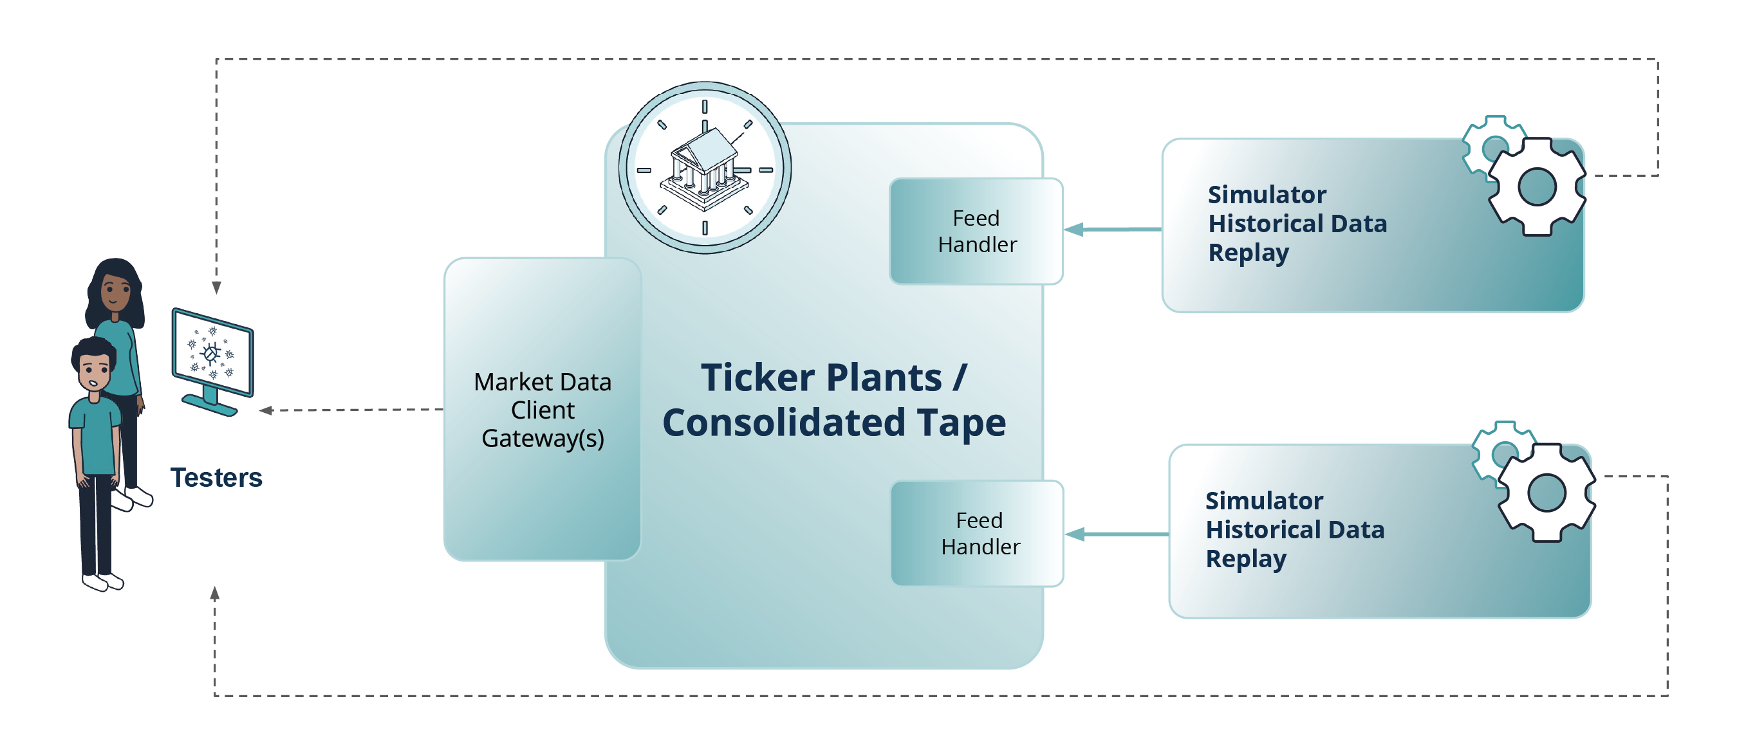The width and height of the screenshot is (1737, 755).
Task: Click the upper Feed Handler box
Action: [x=976, y=232]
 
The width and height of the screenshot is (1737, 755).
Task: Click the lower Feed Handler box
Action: [x=978, y=533]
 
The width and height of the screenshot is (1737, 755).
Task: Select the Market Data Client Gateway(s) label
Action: [x=543, y=410]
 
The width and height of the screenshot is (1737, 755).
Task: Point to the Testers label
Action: [x=216, y=477]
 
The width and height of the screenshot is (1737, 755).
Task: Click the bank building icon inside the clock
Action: [x=705, y=168]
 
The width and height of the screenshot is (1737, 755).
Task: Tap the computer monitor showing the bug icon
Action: [x=212, y=353]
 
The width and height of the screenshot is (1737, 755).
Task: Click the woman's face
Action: [x=115, y=291]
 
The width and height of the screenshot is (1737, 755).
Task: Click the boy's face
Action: [x=94, y=371]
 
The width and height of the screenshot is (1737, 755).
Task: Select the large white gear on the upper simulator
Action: [x=1537, y=186]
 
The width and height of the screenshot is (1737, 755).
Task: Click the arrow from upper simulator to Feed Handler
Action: [x=1113, y=230]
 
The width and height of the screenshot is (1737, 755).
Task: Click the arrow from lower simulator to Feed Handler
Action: [x=1116, y=534]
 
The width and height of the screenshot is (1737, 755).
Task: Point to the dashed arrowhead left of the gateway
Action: [x=266, y=410]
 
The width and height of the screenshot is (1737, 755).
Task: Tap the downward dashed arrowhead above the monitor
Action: [x=216, y=288]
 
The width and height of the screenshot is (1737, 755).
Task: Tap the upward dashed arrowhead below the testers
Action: [x=215, y=593]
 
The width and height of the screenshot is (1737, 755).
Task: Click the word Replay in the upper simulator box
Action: [x=1248, y=253]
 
